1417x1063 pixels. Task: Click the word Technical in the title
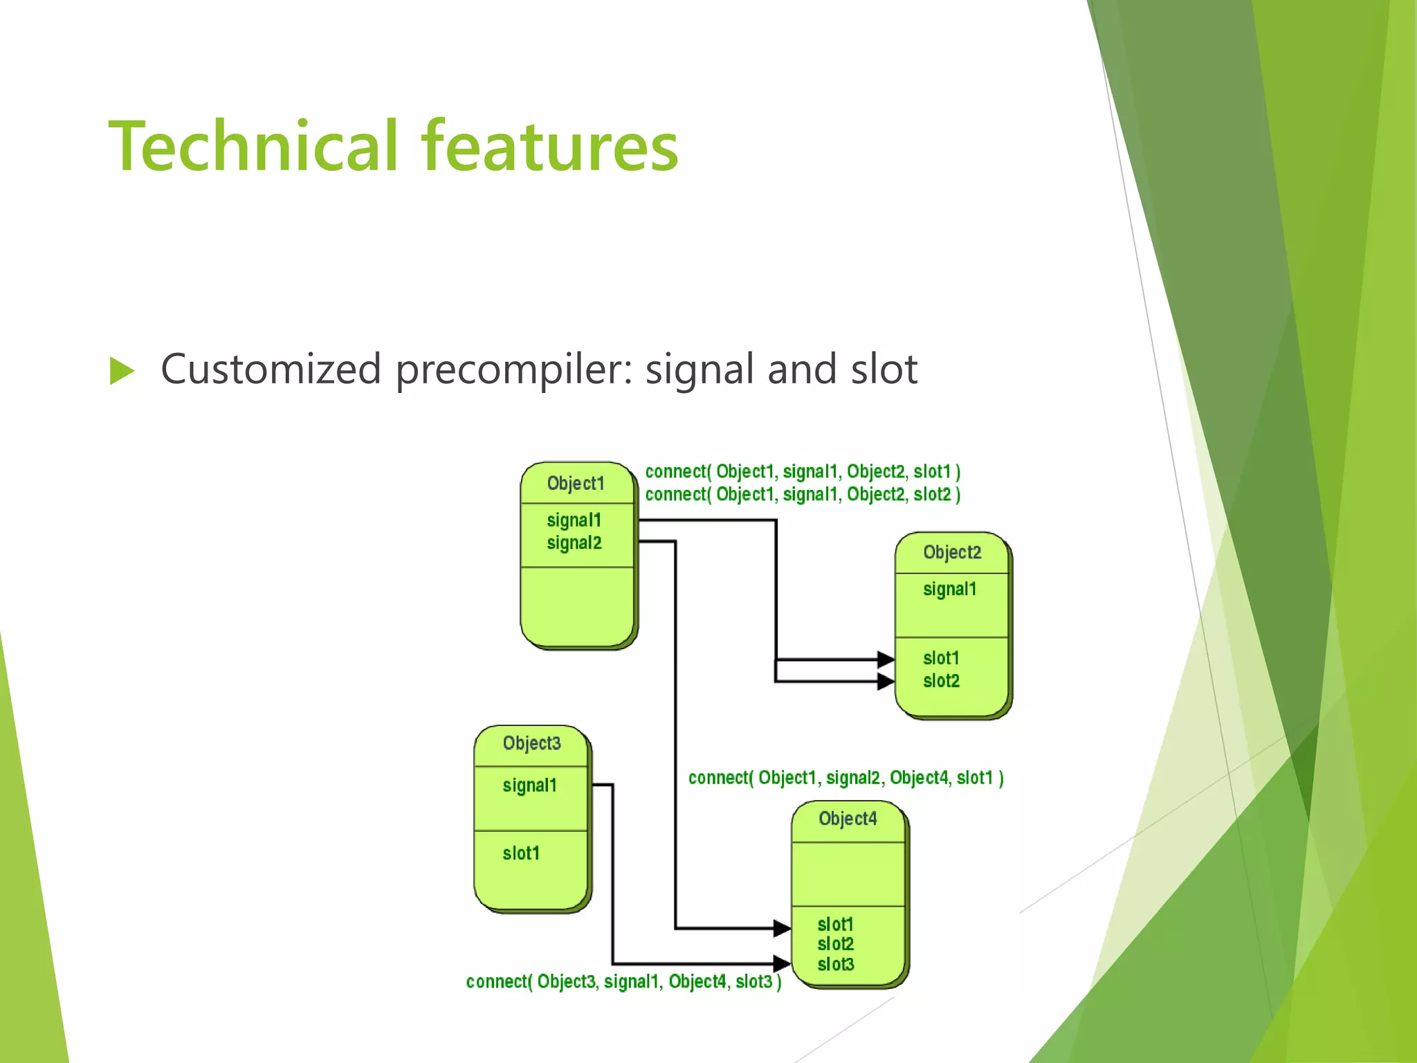(x=253, y=147)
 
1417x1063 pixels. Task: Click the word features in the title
(x=550, y=147)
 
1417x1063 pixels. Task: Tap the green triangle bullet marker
(x=122, y=371)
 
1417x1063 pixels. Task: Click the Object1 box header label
(x=576, y=483)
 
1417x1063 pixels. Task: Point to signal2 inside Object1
(x=574, y=543)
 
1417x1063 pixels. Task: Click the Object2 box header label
(x=952, y=552)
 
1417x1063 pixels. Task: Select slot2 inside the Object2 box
(x=941, y=681)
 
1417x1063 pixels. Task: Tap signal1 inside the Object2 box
(x=949, y=590)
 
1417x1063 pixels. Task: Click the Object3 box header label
(x=531, y=743)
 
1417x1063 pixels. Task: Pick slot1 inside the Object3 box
(x=520, y=853)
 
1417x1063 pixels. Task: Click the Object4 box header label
(x=848, y=819)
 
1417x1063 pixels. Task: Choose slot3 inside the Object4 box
(x=835, y=964)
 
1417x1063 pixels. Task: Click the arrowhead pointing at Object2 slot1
(x=886, y=660)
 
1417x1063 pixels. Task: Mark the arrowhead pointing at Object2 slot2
(x=886, y=682)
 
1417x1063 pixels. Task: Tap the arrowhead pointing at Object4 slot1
(x=782, y=928)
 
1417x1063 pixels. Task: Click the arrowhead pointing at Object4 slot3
(x=782, y=963)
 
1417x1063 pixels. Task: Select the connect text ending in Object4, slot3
(x=623, y=981)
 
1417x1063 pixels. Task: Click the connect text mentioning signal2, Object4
(x=845, y=778)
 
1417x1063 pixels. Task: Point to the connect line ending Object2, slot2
(x=803, y=495)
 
